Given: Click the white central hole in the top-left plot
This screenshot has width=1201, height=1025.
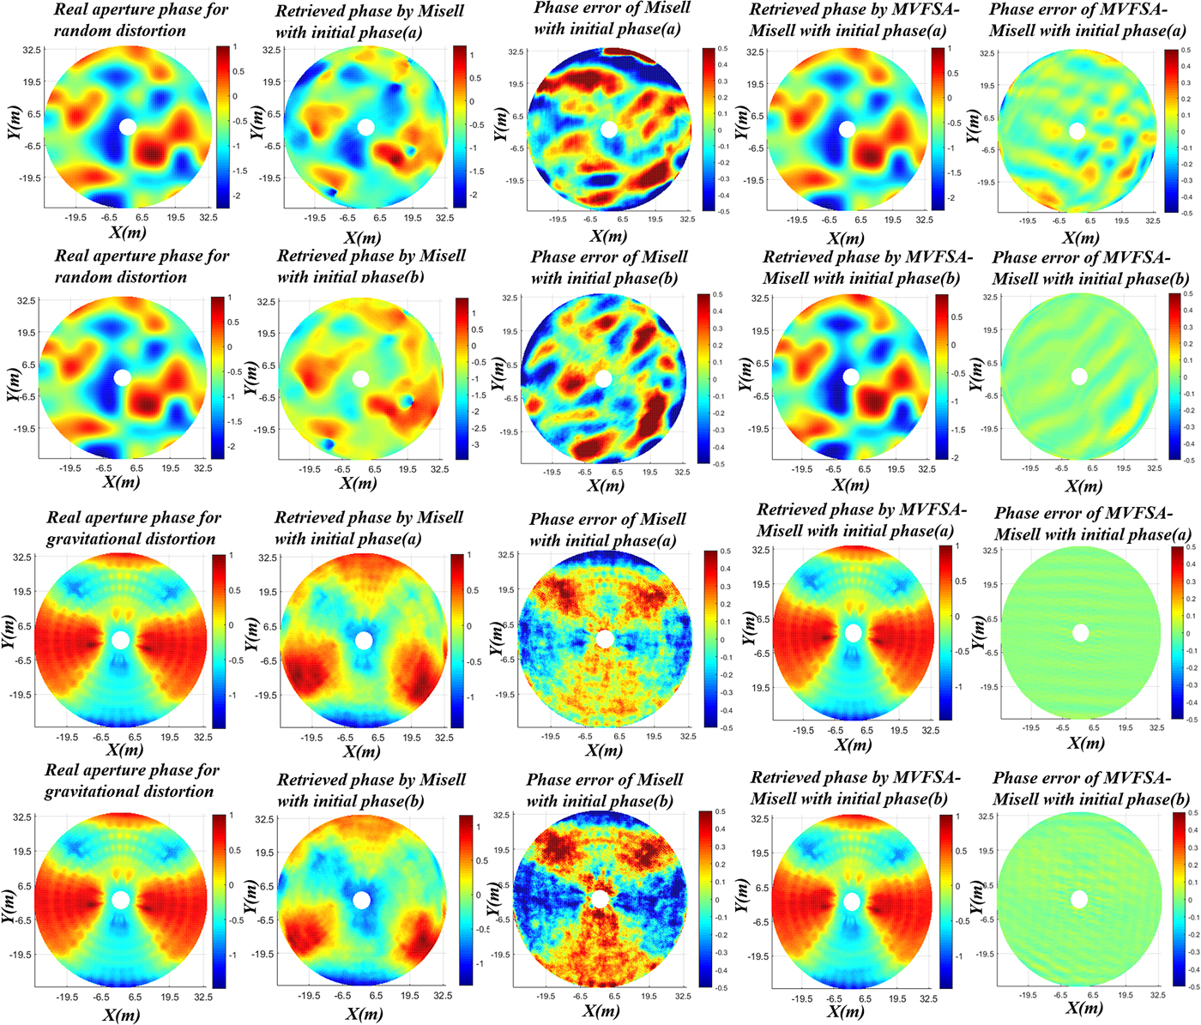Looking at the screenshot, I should (x=128, y=127).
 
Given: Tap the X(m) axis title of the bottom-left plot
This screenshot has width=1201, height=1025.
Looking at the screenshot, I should (x=121, y=1015).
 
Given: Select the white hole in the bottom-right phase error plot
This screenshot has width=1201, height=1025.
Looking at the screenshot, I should (x=1079, y=899).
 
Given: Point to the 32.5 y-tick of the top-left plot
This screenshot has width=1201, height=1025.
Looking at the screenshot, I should (x=31, y=51).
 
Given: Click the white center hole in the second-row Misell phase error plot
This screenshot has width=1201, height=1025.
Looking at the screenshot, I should (x=603, y=379).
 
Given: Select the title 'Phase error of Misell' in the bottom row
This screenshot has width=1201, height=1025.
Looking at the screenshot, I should (x=605, y=780).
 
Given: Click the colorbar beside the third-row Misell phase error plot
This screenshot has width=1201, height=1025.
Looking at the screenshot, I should (x=711, y=639).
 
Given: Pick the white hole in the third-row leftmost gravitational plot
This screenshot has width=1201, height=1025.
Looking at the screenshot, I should (x=121, y=640).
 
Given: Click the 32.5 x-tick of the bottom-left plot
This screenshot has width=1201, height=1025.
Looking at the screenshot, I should (x=203, y=997).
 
